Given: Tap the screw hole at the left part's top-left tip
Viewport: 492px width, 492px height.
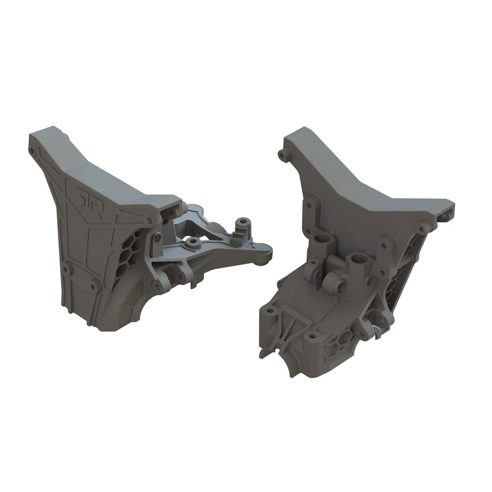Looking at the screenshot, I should [x=32, y=149].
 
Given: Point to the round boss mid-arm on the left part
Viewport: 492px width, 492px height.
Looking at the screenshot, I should [x=193, y=242].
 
